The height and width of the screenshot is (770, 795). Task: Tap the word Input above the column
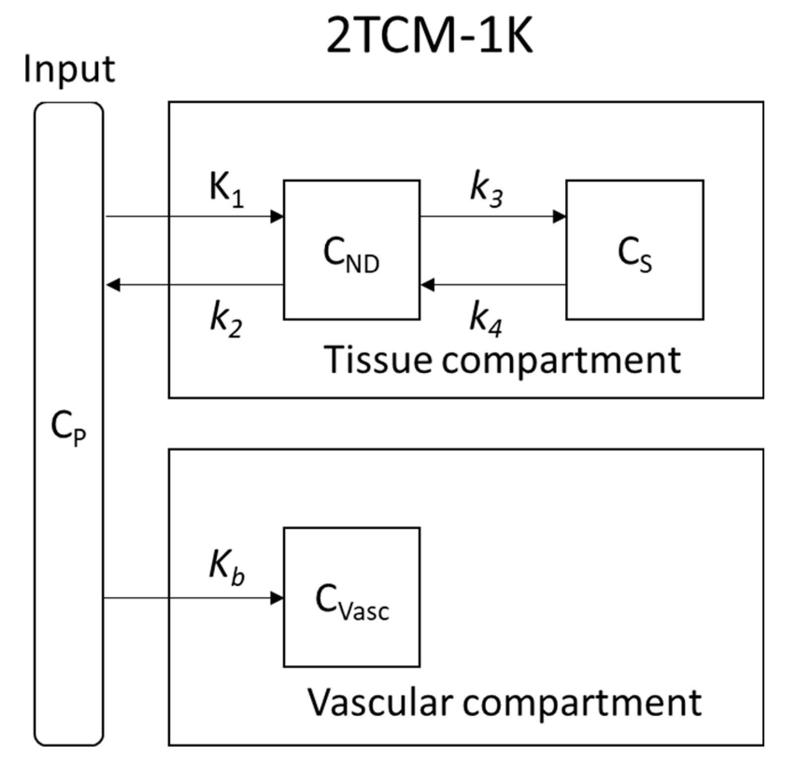pos(69,69)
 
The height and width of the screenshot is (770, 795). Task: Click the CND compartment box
pos(351,250)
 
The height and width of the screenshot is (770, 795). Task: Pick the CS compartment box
pos(634,250)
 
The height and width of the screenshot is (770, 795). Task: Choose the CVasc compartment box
pos(351,597)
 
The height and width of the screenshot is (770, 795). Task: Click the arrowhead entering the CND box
pos(277,216)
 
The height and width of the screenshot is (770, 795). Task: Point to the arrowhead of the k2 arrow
pos(113,285)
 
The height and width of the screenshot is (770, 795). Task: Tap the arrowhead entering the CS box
pos(560,216)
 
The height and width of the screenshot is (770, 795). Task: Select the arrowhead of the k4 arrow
pos(427,285)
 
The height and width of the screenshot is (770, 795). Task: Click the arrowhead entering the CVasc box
pos(277,598)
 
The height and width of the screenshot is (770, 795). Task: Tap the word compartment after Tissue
pos(561,361)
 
